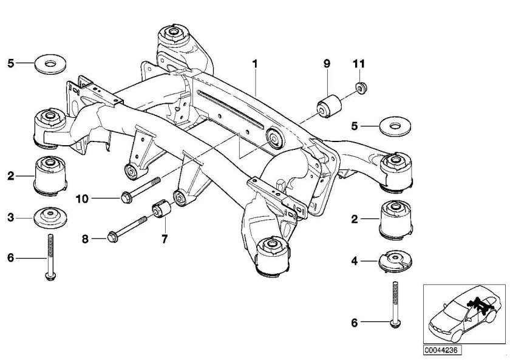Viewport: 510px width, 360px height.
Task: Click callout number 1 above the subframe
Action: [x=256, y=63]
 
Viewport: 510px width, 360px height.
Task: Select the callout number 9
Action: [x=326, y=63]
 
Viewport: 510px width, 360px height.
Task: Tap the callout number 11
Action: [x=358, y=63]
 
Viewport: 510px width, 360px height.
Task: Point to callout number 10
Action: [x=81, y=197]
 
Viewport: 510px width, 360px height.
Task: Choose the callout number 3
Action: [x=11, y=217]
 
